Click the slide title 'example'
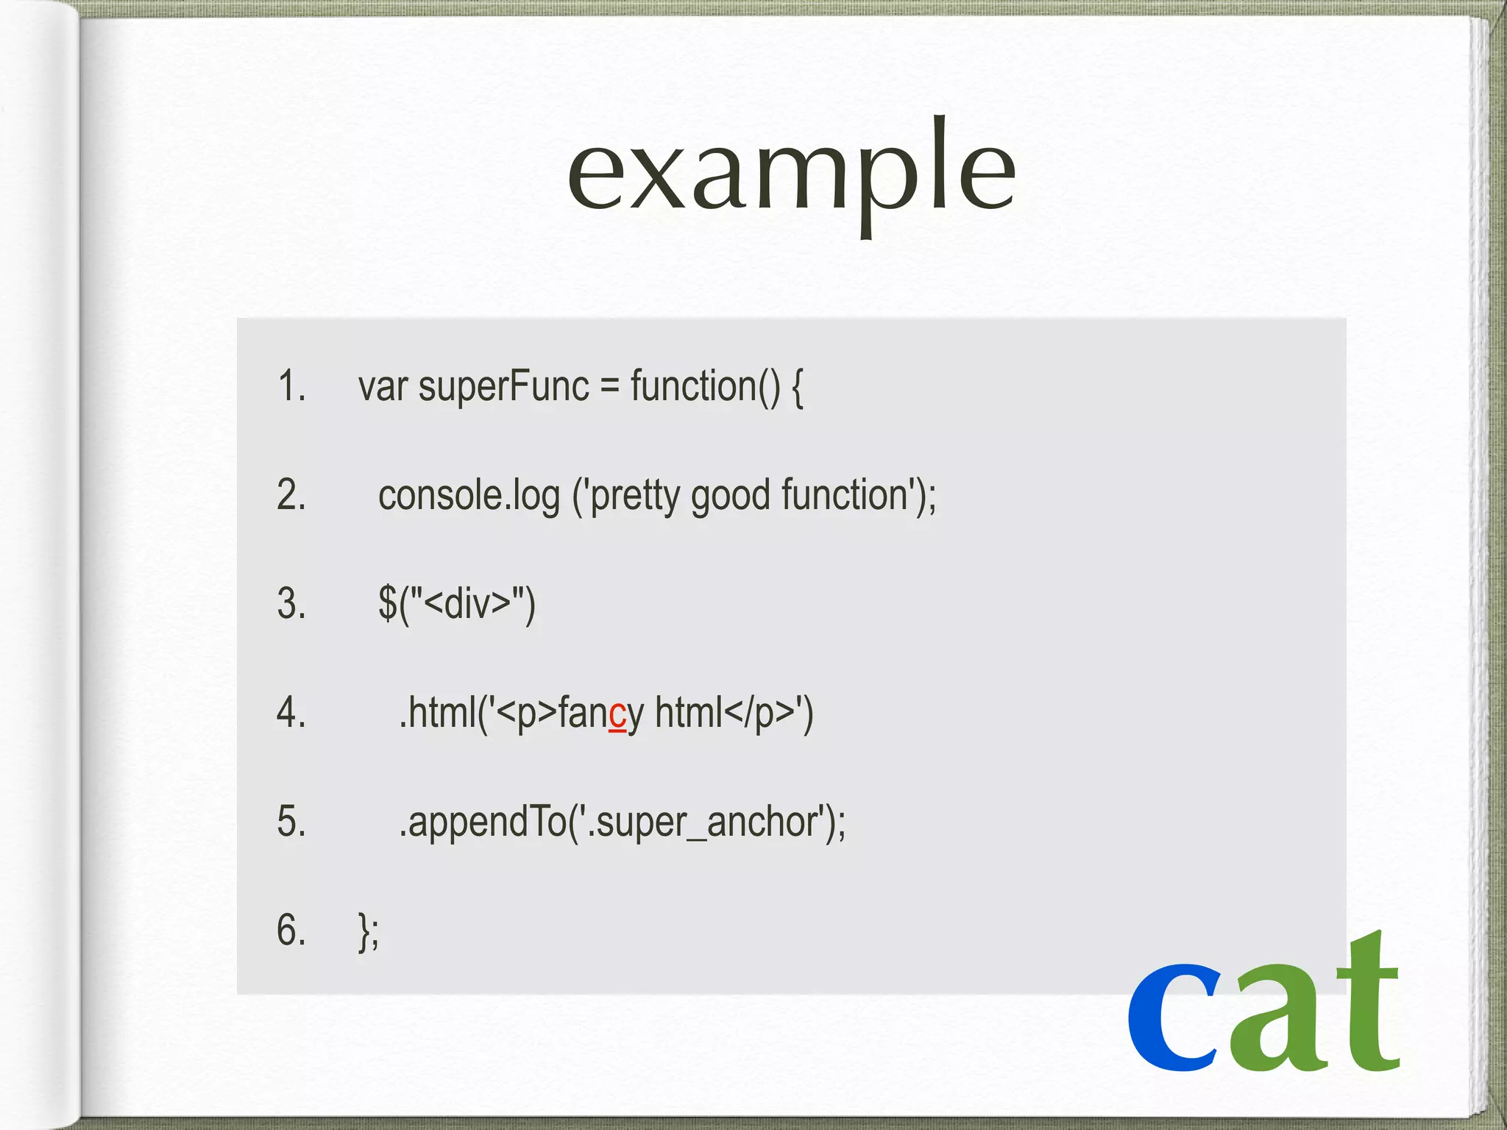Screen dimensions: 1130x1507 [x=791, y=174]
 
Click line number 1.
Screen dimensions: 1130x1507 [x=291, y=385]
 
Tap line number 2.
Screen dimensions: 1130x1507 [x=291, y=494]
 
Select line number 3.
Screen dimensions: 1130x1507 [x=291, y=603]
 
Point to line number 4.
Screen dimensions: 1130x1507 [x=291, y=712]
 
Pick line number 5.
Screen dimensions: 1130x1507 [x=291, y=821]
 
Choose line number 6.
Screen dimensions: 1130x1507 [x=291, y=930]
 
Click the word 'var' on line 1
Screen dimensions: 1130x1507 [x=383, y=387]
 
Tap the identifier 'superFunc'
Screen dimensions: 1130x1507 [x=503, y=387]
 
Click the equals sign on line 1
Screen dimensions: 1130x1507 [x=609, y=387]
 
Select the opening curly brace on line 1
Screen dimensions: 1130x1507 [x=797, y=387]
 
